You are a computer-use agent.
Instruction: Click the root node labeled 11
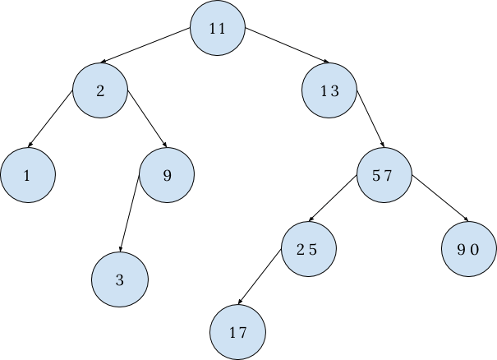click(x=217, y=29)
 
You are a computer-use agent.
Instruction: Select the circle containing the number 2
click(x=100, y=90)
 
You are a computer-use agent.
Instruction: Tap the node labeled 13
click(x=329, y=90)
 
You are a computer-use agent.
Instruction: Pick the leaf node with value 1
click(x=27, y=175)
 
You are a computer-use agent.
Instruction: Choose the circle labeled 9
click(x=167, y=175)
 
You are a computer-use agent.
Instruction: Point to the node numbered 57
click(x=384, y=175)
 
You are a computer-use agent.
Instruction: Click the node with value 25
click(x=308, y=249)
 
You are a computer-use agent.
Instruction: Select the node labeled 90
click(x=468, y=249)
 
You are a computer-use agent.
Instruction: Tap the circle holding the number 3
click(x=120, y=280)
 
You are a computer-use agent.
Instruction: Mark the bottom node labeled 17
click(x=237, y=333)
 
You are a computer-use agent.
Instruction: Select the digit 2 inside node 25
click(x=301, y=249)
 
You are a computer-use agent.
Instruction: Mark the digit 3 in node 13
click(x=334, y=90)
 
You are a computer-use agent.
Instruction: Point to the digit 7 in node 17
click(x=242, y=333)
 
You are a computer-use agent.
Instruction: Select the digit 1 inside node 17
click(x=232, y=333)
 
